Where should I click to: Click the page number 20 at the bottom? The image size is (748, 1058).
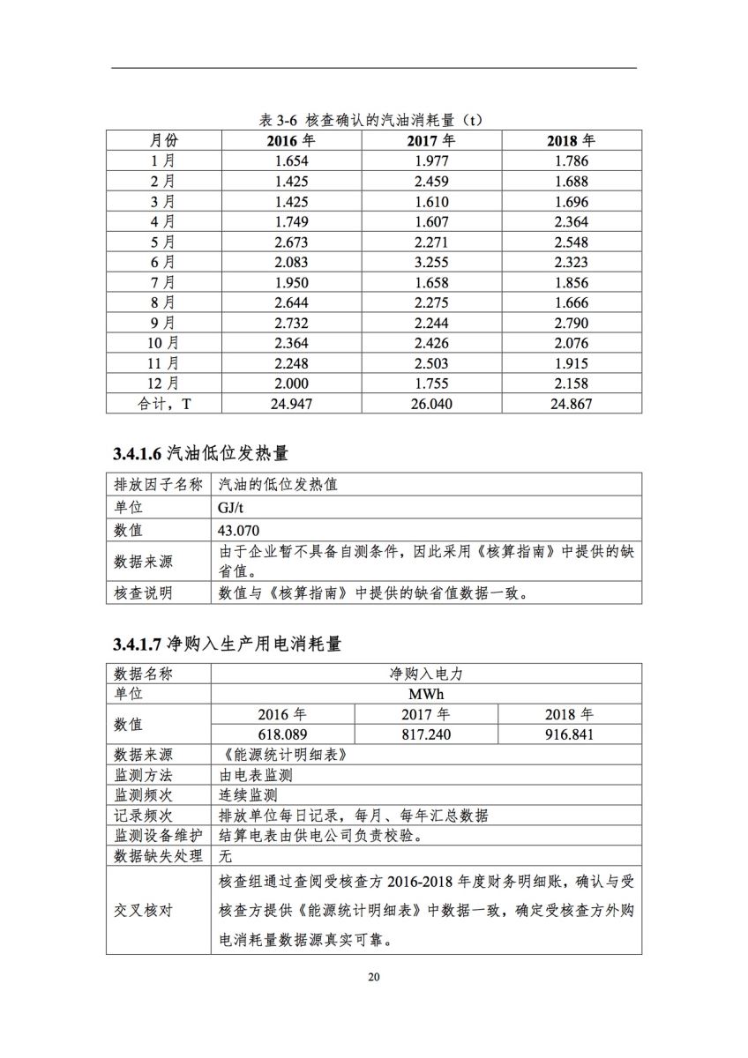(x=374, y=978)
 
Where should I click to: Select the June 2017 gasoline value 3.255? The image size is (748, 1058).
(x=431, y=262)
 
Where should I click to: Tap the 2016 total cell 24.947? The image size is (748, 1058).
(x=293, y=404)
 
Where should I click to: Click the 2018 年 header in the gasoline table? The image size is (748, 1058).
(x=571, y=140)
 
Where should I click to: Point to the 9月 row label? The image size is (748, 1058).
(x=163, y=323)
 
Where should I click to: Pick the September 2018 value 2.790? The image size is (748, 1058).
(x=571, y=323)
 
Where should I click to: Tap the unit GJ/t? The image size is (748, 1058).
(x=232, y=508)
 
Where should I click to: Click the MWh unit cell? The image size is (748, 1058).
(x=426, y=694)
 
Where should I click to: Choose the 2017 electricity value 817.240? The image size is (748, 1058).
(x=426, y=734)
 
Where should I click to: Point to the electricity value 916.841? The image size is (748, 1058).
(x=569, y=734)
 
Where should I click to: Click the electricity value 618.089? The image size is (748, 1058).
(x=282, y=734)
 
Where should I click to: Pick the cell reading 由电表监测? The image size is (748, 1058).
(x=255, y=775)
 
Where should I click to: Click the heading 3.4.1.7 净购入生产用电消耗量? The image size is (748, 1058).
(x=227, y=644)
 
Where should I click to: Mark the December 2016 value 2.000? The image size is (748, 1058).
(x=293, y=384)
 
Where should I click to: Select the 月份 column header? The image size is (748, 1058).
(x=163, y=140)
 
